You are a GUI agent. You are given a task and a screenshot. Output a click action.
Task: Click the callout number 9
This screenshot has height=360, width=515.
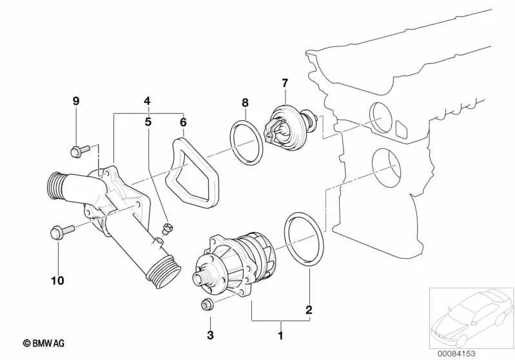tap(75, 101)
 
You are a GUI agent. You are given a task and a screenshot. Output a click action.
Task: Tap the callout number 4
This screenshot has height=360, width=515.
tap(148, 101)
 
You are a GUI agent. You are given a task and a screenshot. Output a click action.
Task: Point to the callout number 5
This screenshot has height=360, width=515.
tap(148, 120)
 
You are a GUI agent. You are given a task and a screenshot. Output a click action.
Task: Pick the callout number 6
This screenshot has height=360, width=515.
tap(182, 120)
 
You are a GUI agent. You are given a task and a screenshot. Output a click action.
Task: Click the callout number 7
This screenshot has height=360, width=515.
tap(284, 83)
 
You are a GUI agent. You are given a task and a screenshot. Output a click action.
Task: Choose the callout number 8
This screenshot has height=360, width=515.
tap(245, 102)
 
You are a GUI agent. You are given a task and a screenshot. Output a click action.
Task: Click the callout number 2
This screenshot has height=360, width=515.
tap(309, 310)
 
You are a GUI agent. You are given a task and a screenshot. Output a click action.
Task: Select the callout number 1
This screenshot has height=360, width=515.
tap(280, 336)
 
